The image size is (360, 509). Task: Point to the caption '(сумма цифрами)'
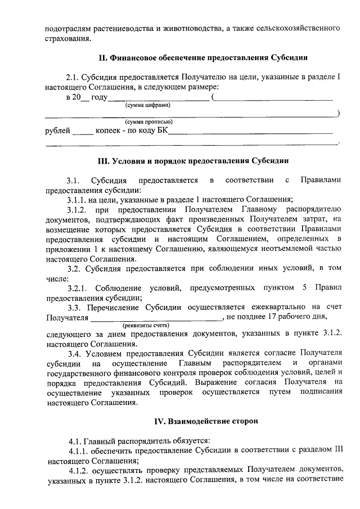(148, 105)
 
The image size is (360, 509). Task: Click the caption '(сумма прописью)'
(148, 122)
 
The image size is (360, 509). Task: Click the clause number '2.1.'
(73, 76)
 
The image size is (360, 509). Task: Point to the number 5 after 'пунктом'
(304, 288)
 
